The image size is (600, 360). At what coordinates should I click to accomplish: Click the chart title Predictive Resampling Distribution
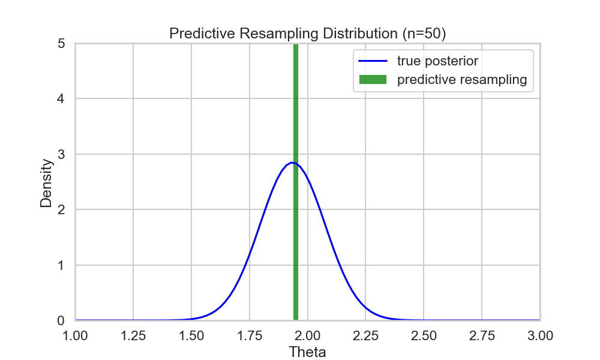[307, 34]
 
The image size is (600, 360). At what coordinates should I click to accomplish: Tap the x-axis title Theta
[307, 352]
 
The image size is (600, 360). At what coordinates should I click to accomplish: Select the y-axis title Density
[46, 182]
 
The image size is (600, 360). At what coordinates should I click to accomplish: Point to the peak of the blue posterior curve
[292, 163]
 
